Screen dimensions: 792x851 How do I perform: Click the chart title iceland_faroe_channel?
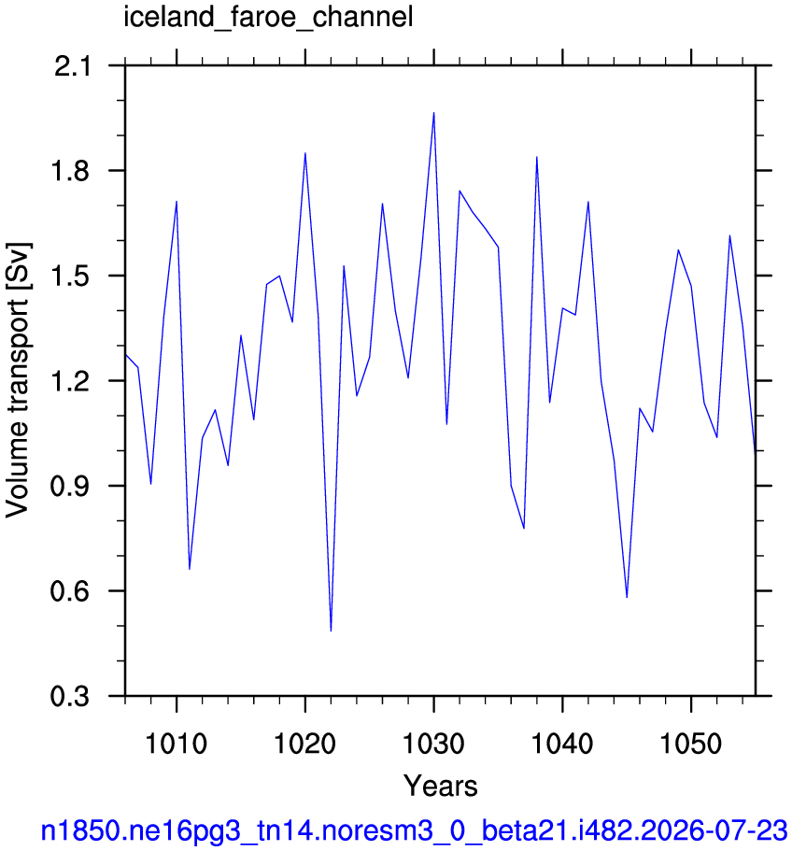(268, 18)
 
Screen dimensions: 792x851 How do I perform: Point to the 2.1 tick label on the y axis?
(72, 67)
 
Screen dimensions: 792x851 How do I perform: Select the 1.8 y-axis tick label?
(72, 171)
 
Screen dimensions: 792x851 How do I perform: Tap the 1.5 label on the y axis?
(72, 277)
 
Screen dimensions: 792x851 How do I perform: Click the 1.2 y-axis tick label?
(72, 381)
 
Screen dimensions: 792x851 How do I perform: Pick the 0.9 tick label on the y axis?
(71, 487)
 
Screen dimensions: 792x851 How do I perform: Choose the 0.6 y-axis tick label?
(71, 591)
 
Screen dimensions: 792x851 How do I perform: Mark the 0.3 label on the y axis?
(71, 696)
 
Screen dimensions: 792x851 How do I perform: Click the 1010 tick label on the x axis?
(177, 743)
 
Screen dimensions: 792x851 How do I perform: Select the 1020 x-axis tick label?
(304, 743)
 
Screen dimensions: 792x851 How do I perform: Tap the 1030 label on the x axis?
(433, 743)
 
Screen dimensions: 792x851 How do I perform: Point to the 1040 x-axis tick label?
(562, 743)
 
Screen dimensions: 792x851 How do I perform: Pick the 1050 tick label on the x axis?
(690, 743)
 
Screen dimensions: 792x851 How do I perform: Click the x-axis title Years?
(441, 786)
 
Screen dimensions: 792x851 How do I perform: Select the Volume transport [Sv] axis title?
(18, 380)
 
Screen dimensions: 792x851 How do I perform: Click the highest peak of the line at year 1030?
(434, 112)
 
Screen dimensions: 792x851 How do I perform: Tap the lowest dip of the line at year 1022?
(331, 631)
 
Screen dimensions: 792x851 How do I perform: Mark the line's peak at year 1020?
(305, 153)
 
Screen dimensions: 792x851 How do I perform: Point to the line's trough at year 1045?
(627, 597)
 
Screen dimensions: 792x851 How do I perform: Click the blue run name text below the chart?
(414, 830)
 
